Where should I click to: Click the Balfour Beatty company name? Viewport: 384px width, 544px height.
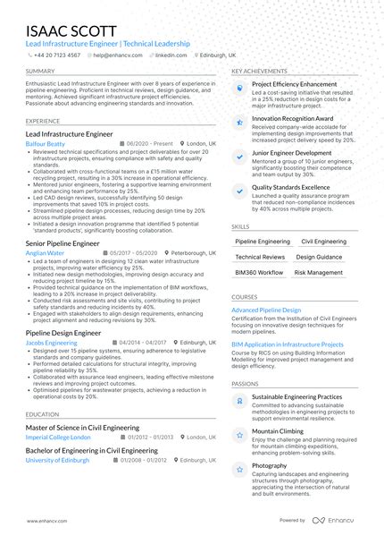tap(46, 143)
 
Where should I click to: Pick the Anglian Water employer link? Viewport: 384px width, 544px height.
tap(45, 253)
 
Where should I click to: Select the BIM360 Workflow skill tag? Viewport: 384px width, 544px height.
tap(259, 272)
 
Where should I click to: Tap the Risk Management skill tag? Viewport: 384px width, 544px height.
tap(319, 272)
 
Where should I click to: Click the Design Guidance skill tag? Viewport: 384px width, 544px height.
tap(319, 257)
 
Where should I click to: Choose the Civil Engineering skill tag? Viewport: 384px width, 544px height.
tap(324, 242)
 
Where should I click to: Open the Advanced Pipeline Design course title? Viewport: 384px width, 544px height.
tap(266, 310)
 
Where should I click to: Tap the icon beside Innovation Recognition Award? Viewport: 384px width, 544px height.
tap(239, 120)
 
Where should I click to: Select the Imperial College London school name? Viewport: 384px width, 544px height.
tap(58, 438)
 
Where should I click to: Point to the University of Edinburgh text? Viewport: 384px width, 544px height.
tap(57, 459)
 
